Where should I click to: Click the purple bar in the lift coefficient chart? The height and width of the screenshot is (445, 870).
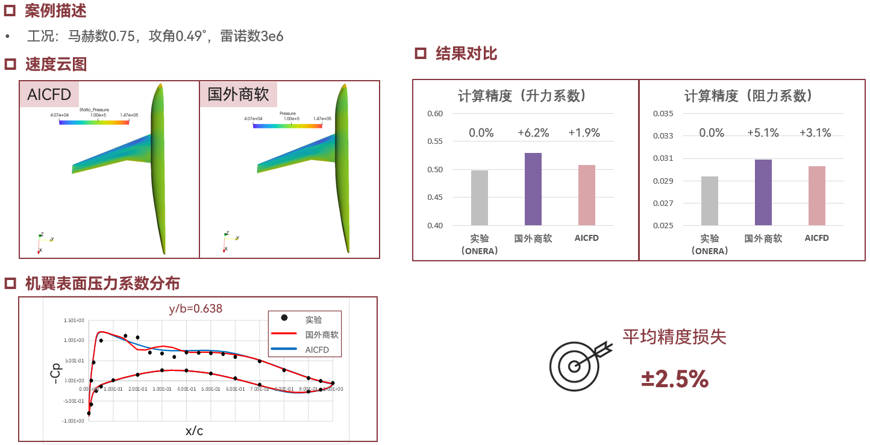533,189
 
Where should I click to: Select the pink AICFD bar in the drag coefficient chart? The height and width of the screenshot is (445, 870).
816,196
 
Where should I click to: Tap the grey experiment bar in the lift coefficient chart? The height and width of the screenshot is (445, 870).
480,198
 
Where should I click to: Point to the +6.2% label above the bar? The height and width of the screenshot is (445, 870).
533,133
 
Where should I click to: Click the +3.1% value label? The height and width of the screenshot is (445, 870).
815,133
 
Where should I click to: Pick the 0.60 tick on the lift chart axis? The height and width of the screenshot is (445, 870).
434,114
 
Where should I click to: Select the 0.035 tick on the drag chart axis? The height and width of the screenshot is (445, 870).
663,114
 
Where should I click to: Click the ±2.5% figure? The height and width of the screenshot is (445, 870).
675,379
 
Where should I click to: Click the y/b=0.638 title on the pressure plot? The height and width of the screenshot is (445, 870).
195,309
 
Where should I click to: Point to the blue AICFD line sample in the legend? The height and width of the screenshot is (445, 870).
284,349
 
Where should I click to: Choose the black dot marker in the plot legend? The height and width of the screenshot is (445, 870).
284,318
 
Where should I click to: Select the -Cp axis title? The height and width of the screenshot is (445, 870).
55,373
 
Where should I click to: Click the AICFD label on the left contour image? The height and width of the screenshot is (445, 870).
49,95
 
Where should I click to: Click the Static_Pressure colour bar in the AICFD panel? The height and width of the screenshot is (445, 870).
94,122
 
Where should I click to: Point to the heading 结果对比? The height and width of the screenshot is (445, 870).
466,54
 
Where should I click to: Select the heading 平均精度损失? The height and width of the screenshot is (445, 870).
674,337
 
